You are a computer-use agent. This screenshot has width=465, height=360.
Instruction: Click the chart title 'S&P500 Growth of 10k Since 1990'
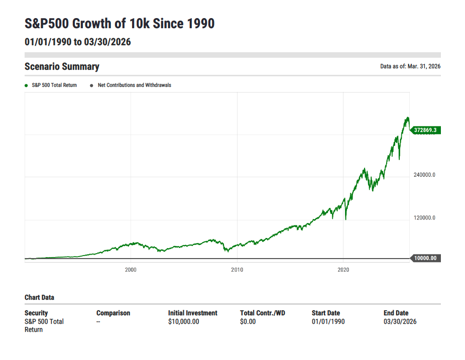click(x=120, y=23)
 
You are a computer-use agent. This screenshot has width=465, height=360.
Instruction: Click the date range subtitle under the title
click(x=78, y=42)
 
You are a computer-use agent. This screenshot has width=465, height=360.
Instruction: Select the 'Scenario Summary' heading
click(x=62, y=67)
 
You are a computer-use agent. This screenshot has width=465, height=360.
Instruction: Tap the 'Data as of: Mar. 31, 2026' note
click(x=410, y=67)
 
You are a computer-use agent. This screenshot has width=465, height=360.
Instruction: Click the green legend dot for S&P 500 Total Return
click(x=26, y=85)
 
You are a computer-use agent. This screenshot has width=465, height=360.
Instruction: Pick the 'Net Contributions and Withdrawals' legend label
click(x=134, y=85)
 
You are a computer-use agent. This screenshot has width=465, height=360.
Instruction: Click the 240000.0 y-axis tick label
click(x=424, y=175)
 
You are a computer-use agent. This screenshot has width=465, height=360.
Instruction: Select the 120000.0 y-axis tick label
click(x=424, y=218)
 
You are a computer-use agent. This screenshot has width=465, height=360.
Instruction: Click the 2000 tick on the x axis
click(x=131, y=270)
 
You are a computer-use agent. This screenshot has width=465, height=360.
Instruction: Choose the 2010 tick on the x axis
click(x=237, y=270)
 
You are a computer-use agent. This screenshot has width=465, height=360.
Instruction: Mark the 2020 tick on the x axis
click(x=343, y=270)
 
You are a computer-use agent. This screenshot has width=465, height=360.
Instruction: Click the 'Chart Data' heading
click(x=39, y=297)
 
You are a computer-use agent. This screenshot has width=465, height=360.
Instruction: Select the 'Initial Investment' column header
click(x=193, y=313)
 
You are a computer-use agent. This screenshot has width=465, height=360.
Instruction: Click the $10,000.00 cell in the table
click(x=183, y=321)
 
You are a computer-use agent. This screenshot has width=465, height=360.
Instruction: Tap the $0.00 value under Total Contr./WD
click(x=248, y=321)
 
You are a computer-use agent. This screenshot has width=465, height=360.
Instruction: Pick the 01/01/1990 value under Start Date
click(x=328, y=321)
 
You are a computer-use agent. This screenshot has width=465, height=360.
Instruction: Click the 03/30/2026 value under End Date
click(x=400, y=321)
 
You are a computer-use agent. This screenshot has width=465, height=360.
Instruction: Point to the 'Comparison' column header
click(x=113, y=313)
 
